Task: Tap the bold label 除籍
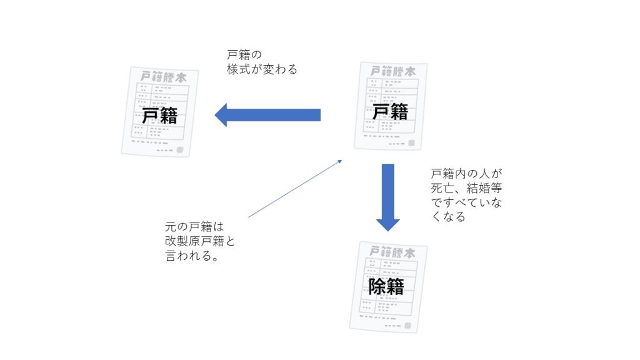386,286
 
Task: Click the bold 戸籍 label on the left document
159,116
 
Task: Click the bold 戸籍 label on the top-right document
390,112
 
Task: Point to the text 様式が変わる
262,69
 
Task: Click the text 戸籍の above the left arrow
244,54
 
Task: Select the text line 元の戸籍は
194,226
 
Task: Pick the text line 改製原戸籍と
200,241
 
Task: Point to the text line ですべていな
466,202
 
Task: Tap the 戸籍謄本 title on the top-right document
392,71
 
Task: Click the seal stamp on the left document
181,150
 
